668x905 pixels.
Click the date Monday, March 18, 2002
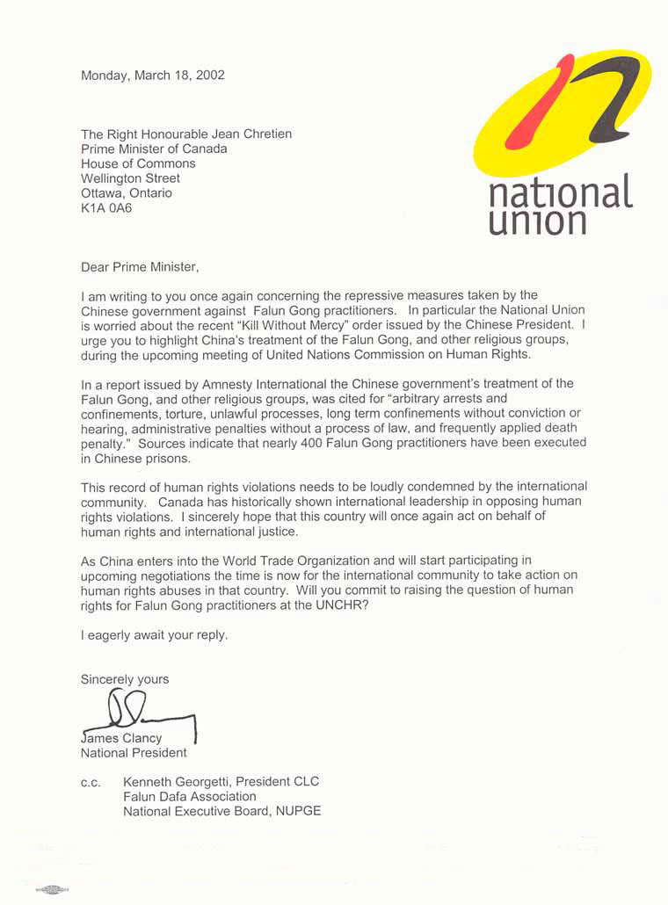(x=153, y=76)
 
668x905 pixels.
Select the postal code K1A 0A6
(x=106, y=208)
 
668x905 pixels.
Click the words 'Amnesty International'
(x=247, y=383)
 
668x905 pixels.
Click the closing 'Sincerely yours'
(x=125, y=679)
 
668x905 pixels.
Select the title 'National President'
(x=134, y=753)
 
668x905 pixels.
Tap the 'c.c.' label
(x=91, y=782)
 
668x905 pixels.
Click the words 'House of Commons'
(x=138, y=163)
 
